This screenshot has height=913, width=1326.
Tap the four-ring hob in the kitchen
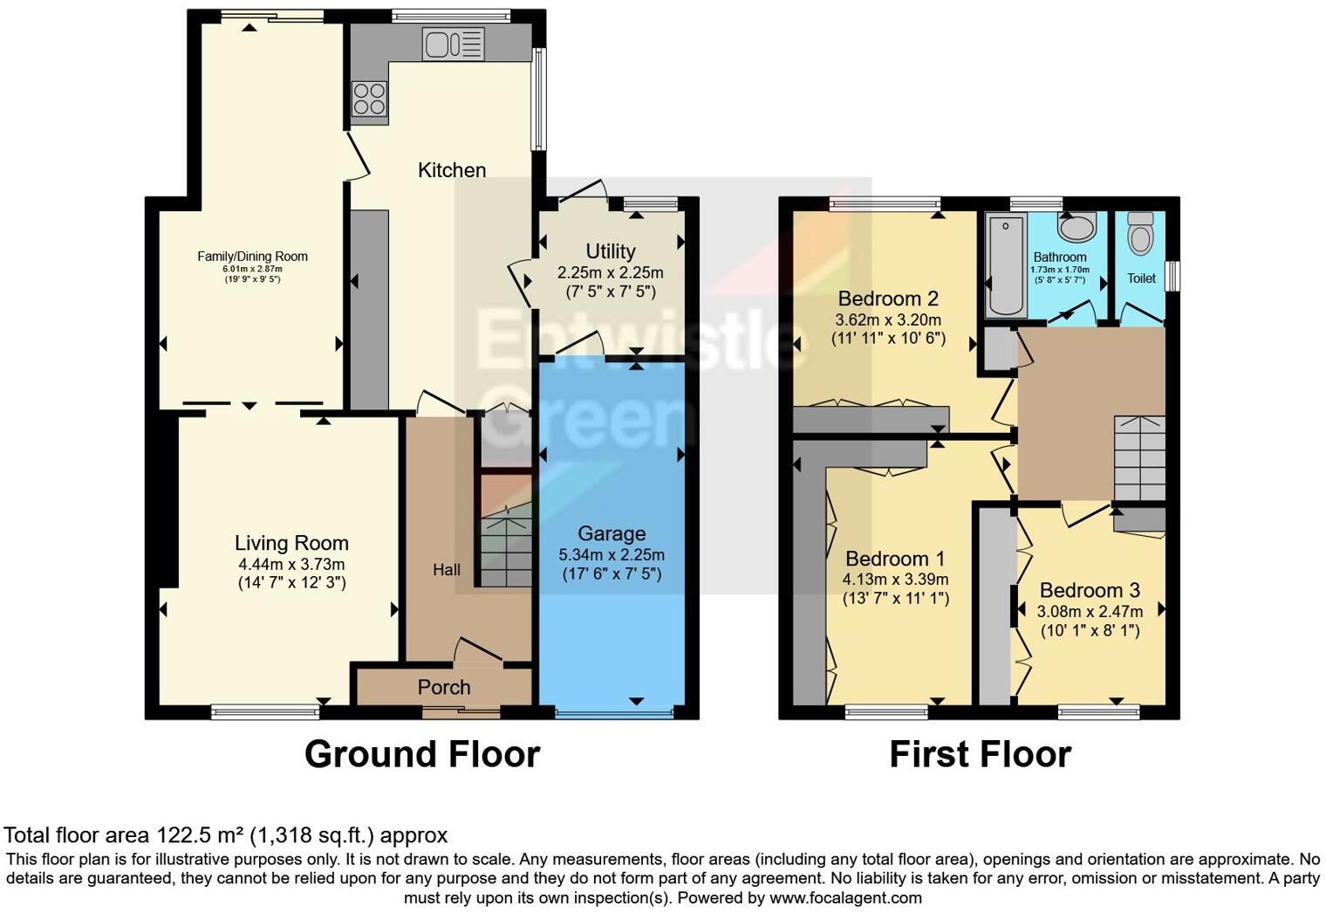[369, 98]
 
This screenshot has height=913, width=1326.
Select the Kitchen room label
[451, 170]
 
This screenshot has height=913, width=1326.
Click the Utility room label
[610, 251]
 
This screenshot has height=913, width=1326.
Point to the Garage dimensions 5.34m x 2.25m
[611, 555]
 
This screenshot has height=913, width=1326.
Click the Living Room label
[291, 543]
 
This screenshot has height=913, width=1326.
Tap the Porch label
[444, 687]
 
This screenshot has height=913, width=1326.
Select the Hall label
[447, 570]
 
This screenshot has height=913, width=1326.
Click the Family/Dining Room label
[252, 257]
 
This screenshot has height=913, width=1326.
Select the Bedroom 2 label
[888, 299]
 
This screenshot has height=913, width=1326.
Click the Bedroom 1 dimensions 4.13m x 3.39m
[895, 579]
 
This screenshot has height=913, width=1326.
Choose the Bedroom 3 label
[1090, 590]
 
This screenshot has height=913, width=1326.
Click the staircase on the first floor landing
[1138, 457]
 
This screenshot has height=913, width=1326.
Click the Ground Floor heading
[422, 754]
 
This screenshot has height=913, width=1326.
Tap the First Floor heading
[980, 754]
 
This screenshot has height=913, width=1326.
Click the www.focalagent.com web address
[845, 897]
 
